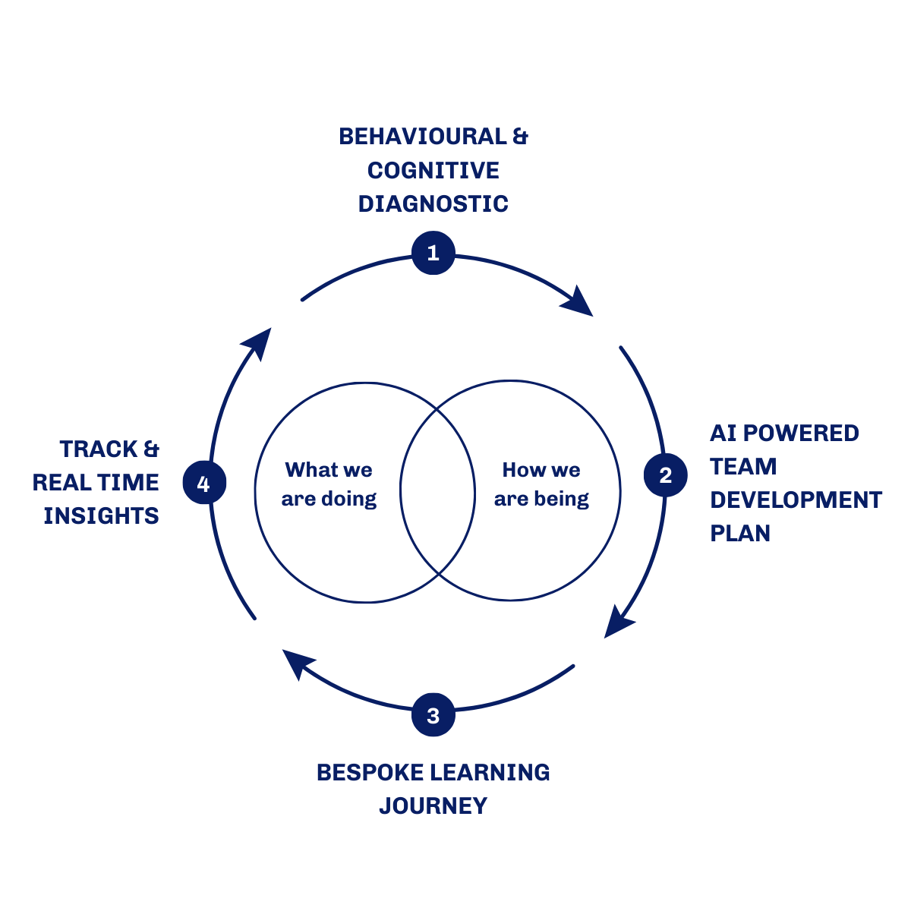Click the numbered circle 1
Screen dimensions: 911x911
[x=433, y=253]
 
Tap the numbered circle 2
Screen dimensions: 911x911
[x=665, y=475]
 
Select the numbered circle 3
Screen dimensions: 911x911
[x=433, y=715]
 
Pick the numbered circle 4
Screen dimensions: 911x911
[x=203, y=484]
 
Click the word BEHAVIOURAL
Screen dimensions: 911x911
[x=422, y=137]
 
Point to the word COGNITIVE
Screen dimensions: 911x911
[x=433, y=170]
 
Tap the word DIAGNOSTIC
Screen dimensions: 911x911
[x=433, y=203]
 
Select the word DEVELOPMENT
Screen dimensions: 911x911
[x=796, y=500]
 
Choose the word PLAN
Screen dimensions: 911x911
[x=740, y=533]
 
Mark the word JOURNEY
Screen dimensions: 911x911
[x=433, y=805]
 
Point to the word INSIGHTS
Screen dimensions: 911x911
[x=101, y=515]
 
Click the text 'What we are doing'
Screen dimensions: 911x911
[x=329, y=484]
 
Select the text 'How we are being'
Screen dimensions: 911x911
[x=541, y=484]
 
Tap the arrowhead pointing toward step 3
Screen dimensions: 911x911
[x=618, y=623]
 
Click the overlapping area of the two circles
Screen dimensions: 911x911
[x=437, y=491]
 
